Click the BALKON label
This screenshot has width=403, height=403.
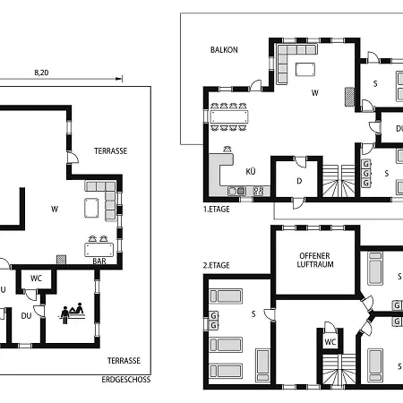point(224,50)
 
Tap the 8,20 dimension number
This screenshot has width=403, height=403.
point(41,73)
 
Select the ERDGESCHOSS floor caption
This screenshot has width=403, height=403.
point(126,380)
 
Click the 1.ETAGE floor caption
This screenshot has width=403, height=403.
point(217,210)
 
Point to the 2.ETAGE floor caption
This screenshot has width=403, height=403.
point(217,265)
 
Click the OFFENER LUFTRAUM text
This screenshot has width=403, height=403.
point(315,260)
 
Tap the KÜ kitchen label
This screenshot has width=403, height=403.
point(251,171)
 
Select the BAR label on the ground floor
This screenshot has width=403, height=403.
point(99,262)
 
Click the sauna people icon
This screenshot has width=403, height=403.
point(72,313)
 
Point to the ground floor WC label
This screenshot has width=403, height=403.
point(36,279)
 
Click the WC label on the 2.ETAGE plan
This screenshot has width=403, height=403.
point(330,342)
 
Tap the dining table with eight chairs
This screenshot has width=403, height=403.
point(229,116)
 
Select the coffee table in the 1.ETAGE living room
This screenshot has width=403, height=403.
point(305,70)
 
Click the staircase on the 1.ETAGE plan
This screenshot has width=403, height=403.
point(339,181)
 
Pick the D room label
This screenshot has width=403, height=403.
point(299,181)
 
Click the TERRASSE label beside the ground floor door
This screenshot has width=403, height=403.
point(111,151)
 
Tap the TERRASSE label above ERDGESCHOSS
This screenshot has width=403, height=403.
point(124,361)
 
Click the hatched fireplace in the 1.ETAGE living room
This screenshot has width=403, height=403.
point(349,97)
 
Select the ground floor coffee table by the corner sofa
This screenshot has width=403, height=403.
point(91,208)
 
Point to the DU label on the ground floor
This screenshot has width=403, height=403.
point(26,316)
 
